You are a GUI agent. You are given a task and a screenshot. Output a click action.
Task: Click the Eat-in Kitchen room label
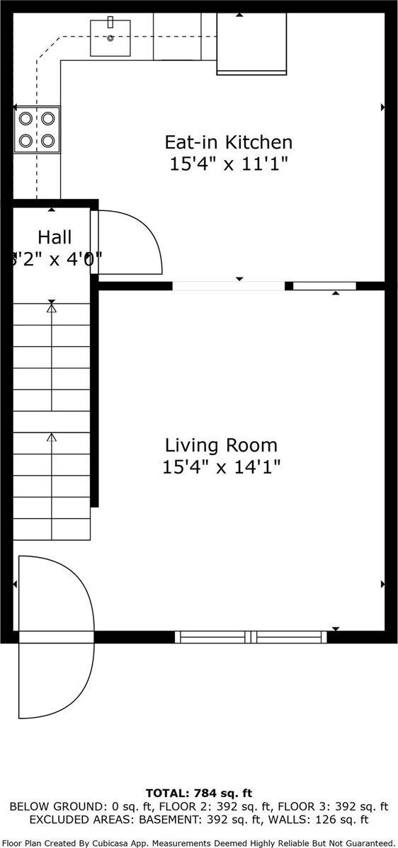[228, 142]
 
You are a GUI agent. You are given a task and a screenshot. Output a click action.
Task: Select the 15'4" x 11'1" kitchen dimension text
[228, 164]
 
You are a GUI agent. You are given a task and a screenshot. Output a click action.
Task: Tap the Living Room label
[221, 445]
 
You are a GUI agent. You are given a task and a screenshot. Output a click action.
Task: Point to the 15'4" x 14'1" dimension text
[221, 467]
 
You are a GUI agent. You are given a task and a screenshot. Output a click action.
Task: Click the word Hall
[55, 236]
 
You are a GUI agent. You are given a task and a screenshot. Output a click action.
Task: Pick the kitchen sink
[110, 38]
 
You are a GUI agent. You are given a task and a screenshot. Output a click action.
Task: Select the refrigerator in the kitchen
[251, 42]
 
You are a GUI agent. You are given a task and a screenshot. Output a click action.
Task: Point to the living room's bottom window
[251, 637]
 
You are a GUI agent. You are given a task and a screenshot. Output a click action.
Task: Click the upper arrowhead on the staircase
[51, 306]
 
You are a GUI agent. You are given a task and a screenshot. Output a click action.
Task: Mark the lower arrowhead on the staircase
[51, 438]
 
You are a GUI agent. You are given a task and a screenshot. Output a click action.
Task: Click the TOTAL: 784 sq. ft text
[199, 793]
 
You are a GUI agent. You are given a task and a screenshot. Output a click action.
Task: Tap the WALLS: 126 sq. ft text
[331, 820]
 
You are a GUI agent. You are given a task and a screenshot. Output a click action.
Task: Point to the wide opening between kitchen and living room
[228, 286]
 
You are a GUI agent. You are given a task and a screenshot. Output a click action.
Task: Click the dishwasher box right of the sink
[177, 37]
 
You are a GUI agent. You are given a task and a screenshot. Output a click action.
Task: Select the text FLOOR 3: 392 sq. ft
[333, 806]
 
